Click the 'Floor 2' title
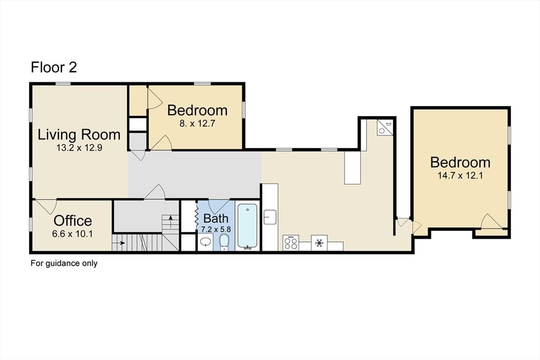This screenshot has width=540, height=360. click(x=54, y=67)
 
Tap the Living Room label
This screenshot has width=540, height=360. click(x=79, y=134)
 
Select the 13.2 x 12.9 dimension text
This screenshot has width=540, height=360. click(x=79, y=148)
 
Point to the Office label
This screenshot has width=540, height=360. click(x=73, y=221)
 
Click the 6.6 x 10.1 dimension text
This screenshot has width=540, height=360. click(x=72, y=234)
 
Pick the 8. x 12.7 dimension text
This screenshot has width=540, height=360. click(x=197, y=123)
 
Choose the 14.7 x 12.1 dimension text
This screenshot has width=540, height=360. click(x=460, y=176)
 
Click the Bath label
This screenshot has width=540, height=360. click(x=216, y=219)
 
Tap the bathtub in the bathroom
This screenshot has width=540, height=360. click(x=247, y=226)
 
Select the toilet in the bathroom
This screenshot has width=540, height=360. click(x=224, y=242)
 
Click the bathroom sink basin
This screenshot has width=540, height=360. click(x=206, y=242)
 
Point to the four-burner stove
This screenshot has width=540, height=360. click(x=291, y=242)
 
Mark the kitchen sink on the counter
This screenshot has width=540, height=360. click(x=269, y=217)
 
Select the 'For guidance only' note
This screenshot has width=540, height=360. click(x=64, y=264)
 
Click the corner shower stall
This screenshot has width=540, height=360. click(x=384, y=128)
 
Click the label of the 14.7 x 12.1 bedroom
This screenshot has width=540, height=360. click(x=460, y=162)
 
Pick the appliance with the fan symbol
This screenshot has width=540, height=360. click(x=319, y=242)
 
